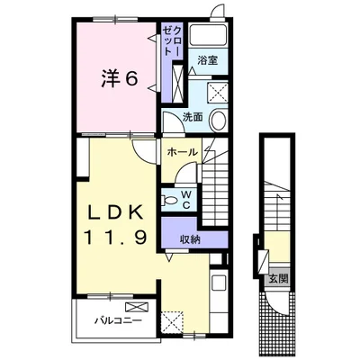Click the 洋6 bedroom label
(x=120, y=79)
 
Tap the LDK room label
(x=115, y=213)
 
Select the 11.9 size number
(x=116, y=238)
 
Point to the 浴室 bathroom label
(x=208, y=60)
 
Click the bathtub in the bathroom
(x=208, y=35)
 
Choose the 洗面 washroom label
(x=193, y=117)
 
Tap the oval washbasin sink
(x=218, y=121)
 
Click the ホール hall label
(x=183, y=152)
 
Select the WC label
(x=186, y=200)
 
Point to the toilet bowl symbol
(x=169, y=200)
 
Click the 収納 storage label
(x=190, y=239)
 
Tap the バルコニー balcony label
(x=118, y=321)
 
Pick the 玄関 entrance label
(x=278, y=279)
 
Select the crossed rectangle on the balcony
(x=137, y=307)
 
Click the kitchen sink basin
(x=220, y=283)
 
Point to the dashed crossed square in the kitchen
(x=172, y=322)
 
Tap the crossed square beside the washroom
(x=218, y=92)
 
